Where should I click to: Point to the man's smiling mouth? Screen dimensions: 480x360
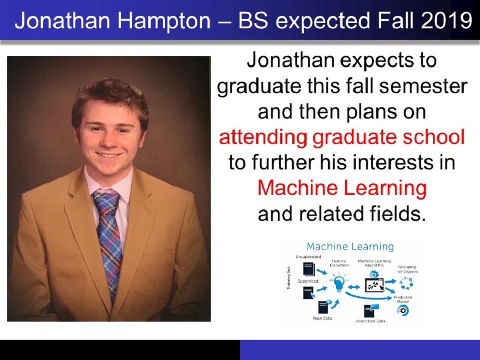[108, 155]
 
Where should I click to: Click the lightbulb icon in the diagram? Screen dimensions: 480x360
[338, 283]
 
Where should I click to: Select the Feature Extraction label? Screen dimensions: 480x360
[339, 263]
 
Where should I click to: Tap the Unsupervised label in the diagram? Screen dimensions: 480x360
[308, 256]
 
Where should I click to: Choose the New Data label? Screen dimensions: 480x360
[323, 318]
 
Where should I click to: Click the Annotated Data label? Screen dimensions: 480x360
[371, 321]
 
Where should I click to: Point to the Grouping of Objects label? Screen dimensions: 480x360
[408, 269]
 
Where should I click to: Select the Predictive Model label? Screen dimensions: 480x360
[403, 299]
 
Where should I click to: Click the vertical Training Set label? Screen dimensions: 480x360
[288, 278]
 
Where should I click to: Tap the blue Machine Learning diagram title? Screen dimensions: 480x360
[350, 246]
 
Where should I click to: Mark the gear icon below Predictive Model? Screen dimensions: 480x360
[403, 311]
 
